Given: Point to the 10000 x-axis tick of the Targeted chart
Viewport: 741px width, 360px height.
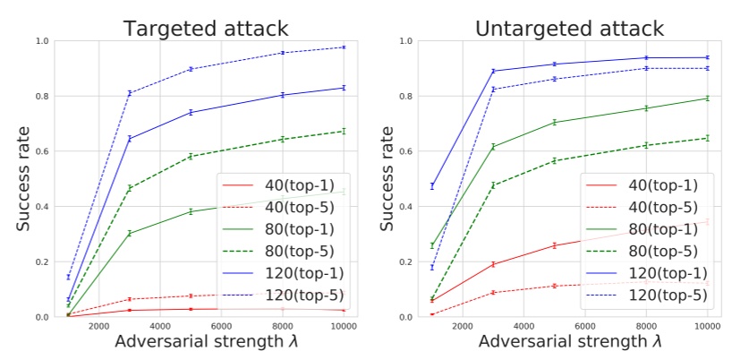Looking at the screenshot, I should pos(344,326).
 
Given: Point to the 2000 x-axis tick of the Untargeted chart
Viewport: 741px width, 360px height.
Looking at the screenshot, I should pos(462,326).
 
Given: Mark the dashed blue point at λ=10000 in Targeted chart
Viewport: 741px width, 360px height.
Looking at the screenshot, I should pos(344,47).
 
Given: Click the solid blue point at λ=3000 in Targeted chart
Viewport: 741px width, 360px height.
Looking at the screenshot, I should pos(130,139).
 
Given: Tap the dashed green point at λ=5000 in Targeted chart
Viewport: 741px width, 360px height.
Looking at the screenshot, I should pos(191,157).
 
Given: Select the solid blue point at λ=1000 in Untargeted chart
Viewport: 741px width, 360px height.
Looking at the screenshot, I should pos(431,186).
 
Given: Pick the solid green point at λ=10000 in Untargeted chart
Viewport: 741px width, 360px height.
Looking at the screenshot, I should pos(707,99).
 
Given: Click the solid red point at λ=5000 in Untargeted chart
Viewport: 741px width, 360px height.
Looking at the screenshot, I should pos(554,245).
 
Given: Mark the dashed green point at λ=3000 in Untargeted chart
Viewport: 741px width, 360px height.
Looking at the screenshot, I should pos(493,185).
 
